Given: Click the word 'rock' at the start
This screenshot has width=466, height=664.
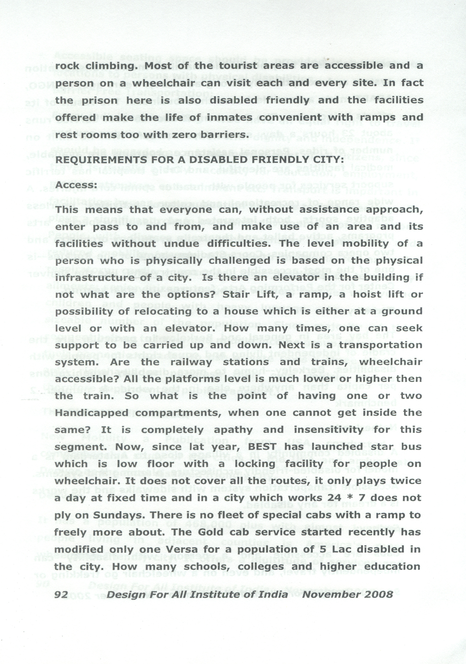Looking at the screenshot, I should click(x=67, y=66).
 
